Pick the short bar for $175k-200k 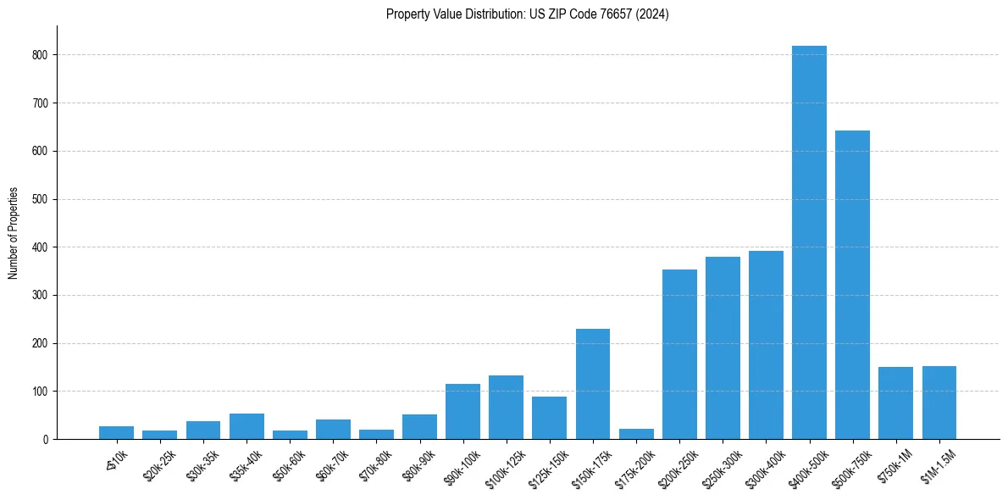coord(636,434)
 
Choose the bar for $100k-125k coord(506,408)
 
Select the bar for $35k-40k coord(246,426)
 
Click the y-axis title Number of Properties coord(13,233)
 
